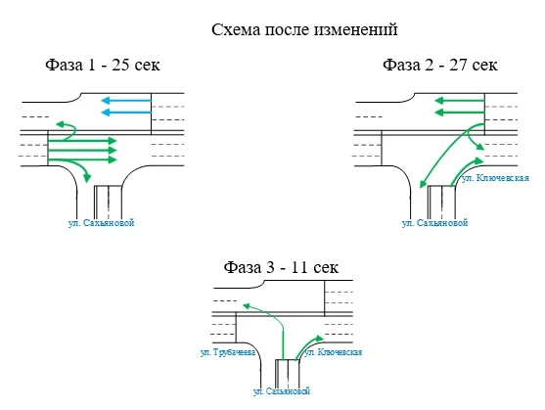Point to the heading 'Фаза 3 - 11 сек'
tap(280, 267)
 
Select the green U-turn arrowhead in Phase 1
tap(59, 125)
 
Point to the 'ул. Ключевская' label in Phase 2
tap(495, 178)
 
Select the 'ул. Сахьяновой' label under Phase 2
tap(435, 223)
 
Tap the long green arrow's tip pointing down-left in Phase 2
tap(422, 187)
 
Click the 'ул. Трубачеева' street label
tap(228, 351)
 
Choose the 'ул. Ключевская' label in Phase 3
tap(335, 351)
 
